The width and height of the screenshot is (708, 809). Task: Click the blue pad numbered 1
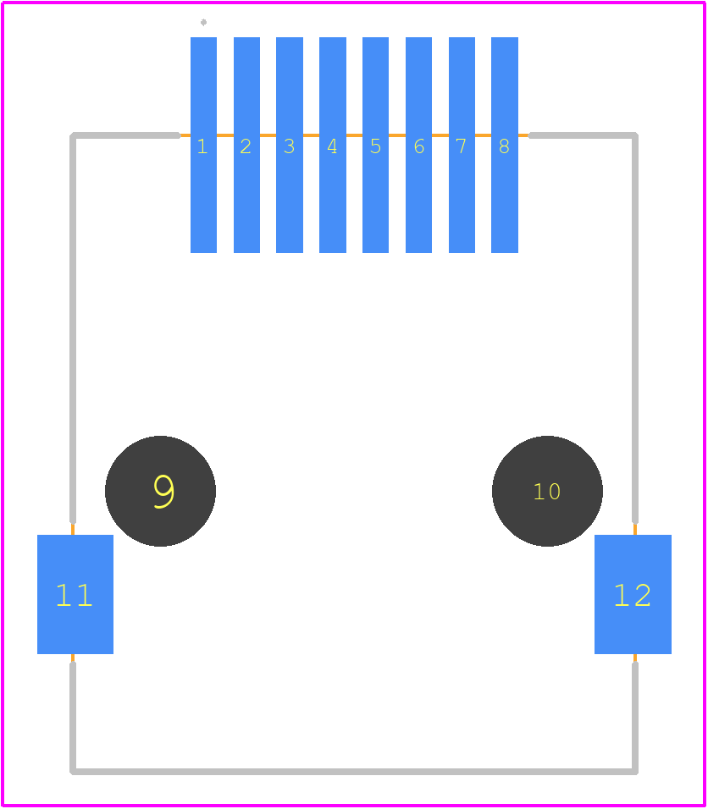203,145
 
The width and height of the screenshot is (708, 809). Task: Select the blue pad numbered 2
246,145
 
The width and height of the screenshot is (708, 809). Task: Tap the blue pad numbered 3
290,145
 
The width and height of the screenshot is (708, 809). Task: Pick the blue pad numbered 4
333,145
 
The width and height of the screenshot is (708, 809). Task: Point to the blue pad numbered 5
375,145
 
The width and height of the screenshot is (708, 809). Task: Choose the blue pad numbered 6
419,145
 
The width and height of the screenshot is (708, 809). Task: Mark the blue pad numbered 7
462,145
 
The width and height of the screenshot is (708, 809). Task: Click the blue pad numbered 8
505,145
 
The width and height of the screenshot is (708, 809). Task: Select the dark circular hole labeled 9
161,491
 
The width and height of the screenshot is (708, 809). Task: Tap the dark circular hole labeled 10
547,491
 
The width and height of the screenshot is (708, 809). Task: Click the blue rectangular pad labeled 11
75,594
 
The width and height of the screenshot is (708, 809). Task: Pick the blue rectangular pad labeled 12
633,594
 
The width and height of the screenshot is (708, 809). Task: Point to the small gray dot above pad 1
203,22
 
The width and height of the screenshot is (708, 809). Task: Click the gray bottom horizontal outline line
354,772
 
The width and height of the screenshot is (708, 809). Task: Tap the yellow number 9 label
164,492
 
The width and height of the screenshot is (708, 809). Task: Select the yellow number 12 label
632,596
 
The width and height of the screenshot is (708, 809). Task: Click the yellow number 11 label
75,596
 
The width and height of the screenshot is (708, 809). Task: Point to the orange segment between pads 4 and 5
354,135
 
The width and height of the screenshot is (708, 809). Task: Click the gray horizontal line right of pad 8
584,135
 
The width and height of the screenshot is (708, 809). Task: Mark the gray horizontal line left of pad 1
125,135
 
